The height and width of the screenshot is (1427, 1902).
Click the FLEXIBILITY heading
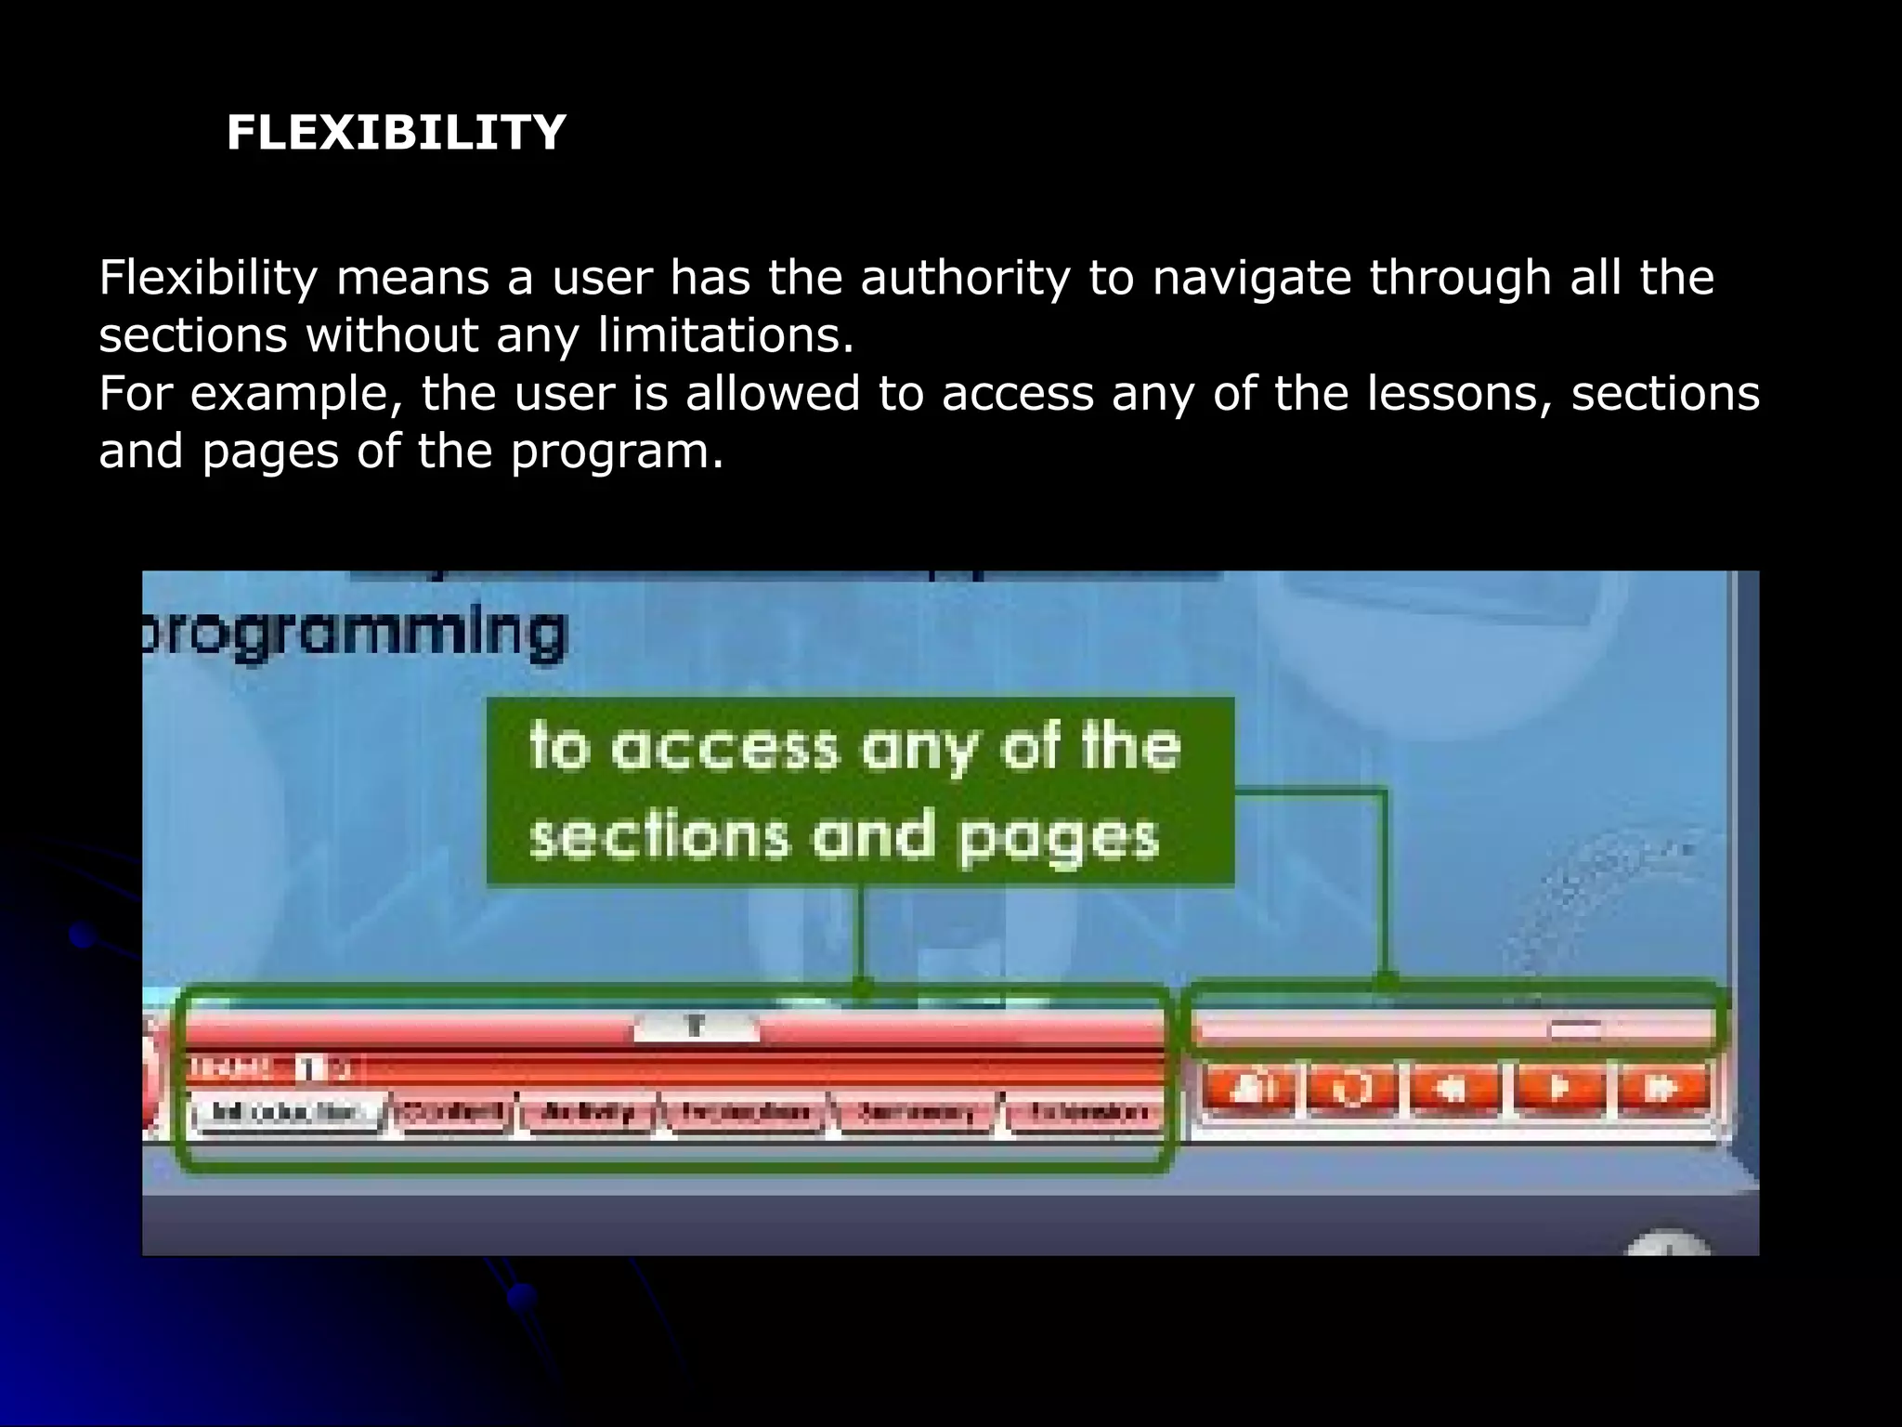click(x=396, y=133)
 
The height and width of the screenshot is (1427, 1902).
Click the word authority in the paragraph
click(x=965, y=278)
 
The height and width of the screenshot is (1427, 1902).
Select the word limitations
click(x=725, y=334)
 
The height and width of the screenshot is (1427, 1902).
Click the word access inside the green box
click(x=725, y=748)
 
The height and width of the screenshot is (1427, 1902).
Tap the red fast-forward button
click(x=1663, y=1088)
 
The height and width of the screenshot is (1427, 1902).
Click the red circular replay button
click(x=1351, y=1088)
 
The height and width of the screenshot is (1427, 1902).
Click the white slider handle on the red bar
click(x=696, y=1028)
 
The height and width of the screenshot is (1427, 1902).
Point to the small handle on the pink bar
click(x=1575, y=1028)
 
